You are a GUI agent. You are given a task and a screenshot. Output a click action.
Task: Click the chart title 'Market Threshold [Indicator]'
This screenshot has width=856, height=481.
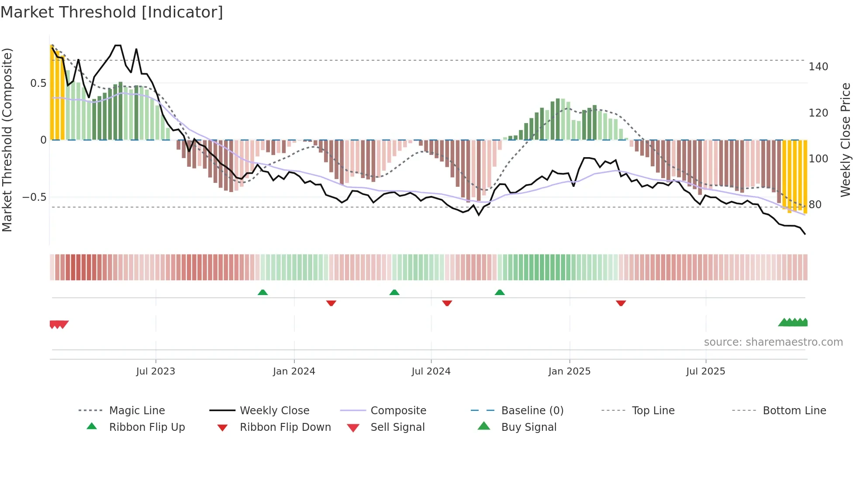[x=112, y=12]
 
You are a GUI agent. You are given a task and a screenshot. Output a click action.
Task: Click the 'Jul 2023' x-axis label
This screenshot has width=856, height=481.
[x=155, y=371]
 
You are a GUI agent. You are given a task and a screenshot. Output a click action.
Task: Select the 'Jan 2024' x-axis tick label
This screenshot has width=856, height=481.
[x=294, y=371]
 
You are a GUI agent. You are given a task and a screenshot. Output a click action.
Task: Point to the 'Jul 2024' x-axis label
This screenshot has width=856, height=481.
[x=431, y=371]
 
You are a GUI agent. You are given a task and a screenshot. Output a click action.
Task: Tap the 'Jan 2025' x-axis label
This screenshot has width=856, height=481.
[x=569, y=371]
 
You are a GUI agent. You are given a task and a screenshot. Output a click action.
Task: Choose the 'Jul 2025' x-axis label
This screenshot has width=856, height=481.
[x=705, y=371]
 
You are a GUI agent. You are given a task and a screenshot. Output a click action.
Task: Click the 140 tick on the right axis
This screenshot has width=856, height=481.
[x=818, y=67]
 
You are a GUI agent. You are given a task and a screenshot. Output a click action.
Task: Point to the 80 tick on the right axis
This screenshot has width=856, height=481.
[x=815, y=205]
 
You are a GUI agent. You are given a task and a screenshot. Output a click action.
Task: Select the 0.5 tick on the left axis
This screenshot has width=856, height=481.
[x=38, y=83]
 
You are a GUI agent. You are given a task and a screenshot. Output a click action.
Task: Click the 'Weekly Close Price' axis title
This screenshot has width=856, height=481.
[x=846, y=140]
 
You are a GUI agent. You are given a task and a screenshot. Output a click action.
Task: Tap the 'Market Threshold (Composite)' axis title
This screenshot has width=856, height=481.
[x=7, y=140]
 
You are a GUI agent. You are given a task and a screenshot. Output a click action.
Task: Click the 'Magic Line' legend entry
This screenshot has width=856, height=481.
[x=137, y=411]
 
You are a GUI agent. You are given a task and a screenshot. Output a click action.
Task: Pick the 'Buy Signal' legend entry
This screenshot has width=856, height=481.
[x=528, y=427]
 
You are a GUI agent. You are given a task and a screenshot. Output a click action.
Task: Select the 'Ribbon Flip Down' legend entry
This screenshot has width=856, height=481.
[x=285, y=427]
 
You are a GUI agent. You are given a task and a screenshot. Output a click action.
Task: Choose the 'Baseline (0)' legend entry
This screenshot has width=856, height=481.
[x=532, y=411]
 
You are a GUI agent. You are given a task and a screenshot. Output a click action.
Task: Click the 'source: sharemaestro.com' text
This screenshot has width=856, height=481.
[x=773, y=342]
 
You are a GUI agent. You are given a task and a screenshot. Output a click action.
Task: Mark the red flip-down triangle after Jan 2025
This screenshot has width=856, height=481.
[x=621, y=303]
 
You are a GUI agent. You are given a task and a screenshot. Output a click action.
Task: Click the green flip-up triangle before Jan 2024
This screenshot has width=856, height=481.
[x=262, y=292]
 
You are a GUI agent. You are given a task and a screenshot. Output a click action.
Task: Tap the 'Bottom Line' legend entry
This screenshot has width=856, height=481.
[x=794, y=411]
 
